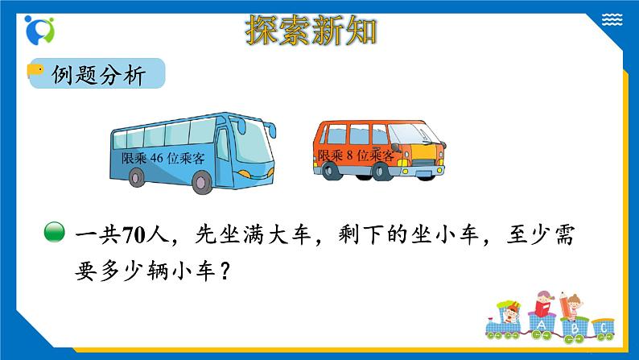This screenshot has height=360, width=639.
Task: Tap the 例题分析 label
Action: (98, 76)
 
